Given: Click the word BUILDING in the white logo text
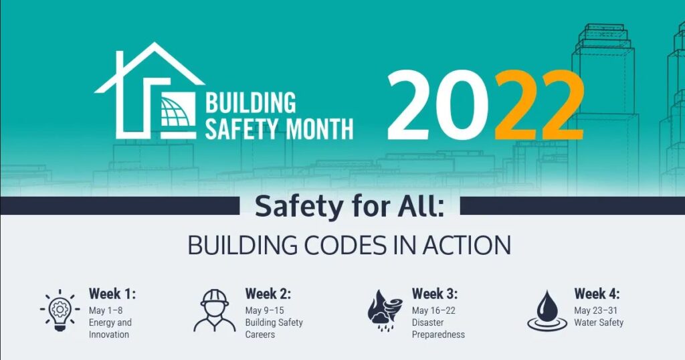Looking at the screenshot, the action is pyautogui.click(x=250, y=103).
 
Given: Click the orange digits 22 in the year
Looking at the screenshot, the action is pyautogui.click(x=540, y=105).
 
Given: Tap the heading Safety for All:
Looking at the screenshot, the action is pyautogui.click(x=349, y=207).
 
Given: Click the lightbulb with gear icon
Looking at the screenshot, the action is pyautogui.click(x=60, y=310).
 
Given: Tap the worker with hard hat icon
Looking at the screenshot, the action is pyautogui.click(x=215, y=310).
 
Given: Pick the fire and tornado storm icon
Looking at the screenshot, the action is pyautogui.click(x=385, y=310).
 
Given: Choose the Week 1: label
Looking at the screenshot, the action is pyautogui.click(x=112, y=294).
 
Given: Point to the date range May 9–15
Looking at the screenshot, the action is pyautogui.click(x=264, y=310).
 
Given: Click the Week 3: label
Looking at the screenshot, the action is pyautogui.click(x=435, y=294).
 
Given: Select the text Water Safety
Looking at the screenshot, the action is pyautogui.click(x=599, y=323).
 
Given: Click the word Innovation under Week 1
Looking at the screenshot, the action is pyautogui.click(x=109, y=335).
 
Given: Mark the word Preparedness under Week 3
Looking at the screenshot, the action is pyautogui.click(x=438, y=335).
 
